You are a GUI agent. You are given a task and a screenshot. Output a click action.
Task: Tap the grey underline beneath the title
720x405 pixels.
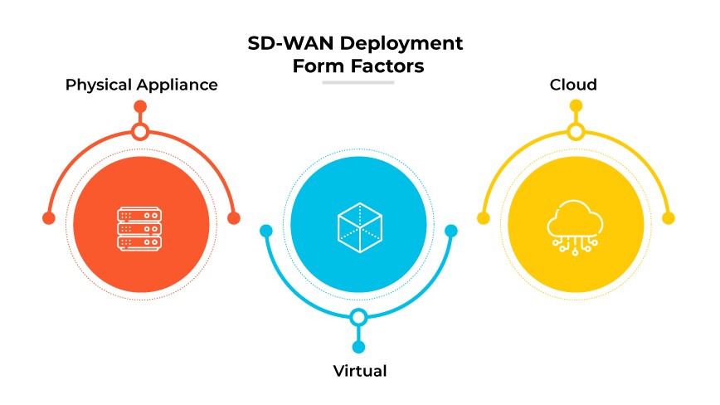point(358,82)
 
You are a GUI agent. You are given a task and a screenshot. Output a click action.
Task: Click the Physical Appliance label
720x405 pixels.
point(142,85)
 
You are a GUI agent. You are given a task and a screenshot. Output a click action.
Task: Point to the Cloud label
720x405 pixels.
point(573,85)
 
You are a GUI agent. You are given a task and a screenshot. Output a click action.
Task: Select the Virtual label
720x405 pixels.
point(359,370)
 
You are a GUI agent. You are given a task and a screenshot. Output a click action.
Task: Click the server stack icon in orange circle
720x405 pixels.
point(139,224)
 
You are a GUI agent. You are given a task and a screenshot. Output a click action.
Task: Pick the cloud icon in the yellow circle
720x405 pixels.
point(576,224)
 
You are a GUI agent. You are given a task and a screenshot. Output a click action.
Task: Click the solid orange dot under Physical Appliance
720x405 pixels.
point(140,106)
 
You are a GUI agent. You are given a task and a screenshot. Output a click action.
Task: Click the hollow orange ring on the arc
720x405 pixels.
point(140,131)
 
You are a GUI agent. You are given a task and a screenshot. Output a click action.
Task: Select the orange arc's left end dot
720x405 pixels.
point(48,218)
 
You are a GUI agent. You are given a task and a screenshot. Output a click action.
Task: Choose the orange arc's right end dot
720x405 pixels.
point(234,218)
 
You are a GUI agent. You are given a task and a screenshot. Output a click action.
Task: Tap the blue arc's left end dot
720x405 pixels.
point(266,231)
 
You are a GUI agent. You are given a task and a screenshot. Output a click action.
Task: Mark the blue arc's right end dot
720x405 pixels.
point(451,231)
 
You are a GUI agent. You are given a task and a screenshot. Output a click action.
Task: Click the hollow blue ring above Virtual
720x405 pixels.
point(358,317)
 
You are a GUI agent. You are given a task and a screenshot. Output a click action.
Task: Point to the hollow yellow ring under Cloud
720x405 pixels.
point(576,131)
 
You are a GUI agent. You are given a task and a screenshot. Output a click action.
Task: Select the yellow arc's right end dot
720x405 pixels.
point(669,218)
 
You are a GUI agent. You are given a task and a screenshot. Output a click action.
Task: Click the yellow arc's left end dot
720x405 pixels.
point(484,218)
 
